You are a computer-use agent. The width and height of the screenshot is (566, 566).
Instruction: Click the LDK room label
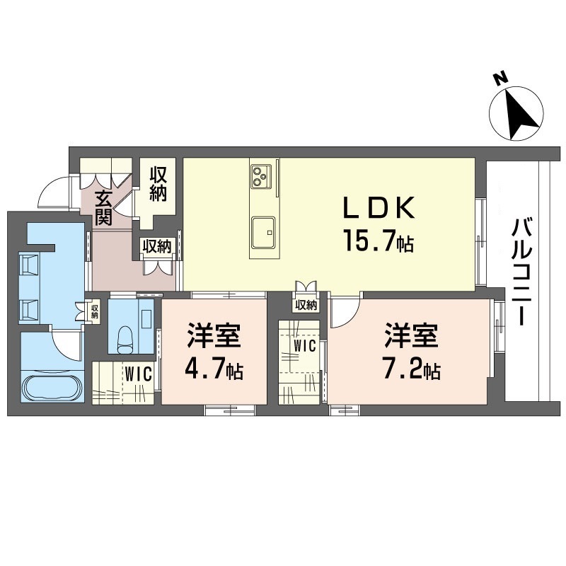point(379,208)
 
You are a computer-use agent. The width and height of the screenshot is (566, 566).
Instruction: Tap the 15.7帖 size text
point(379,240)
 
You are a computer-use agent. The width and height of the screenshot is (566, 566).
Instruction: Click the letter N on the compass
point(500,79)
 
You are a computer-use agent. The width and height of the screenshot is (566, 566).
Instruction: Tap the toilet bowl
point(125,339)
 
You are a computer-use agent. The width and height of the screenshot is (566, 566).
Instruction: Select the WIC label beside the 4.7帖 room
point(139,374)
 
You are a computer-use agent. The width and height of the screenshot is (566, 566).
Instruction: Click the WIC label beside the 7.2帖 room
point(305,346)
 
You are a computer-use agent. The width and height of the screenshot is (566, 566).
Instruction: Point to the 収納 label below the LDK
point(306,306)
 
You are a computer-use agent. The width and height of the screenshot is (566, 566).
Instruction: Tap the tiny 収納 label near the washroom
point(95,311)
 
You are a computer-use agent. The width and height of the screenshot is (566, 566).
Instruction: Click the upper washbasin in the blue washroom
point(30,263)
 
